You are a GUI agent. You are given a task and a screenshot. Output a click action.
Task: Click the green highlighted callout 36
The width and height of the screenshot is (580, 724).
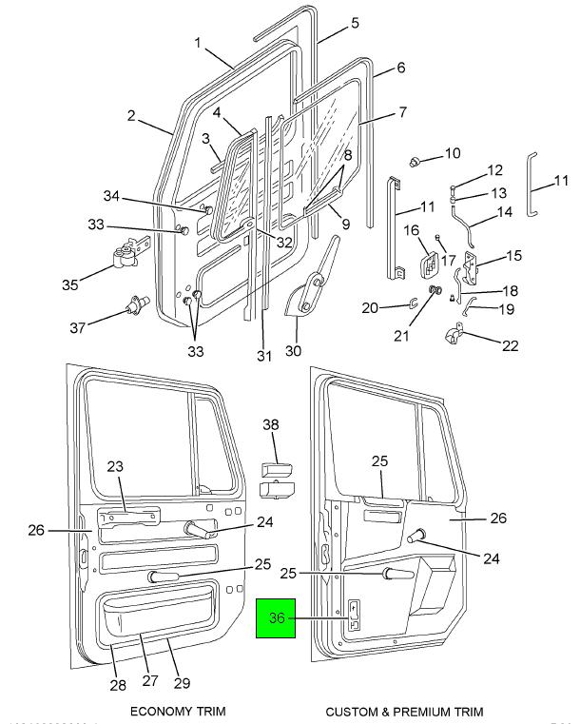277,618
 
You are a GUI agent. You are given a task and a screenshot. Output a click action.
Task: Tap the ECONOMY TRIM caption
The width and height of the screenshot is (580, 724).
178,711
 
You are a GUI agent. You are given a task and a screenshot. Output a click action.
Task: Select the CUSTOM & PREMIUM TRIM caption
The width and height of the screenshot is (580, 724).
404,711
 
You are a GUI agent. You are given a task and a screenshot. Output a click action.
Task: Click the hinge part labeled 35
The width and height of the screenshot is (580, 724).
124,255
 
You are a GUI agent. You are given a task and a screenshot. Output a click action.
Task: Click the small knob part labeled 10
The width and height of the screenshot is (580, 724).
416,160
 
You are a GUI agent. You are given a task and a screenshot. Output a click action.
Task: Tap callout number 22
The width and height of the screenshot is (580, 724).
510,345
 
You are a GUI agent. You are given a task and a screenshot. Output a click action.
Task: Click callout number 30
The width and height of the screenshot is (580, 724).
294,350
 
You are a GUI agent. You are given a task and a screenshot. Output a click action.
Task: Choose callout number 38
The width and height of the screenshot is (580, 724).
272,424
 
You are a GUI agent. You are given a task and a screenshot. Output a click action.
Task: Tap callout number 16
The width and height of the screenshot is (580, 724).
411,230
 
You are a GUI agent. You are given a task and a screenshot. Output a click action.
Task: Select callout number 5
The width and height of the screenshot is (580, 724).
354,22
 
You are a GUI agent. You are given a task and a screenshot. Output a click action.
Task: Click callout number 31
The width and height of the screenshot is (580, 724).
264,357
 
